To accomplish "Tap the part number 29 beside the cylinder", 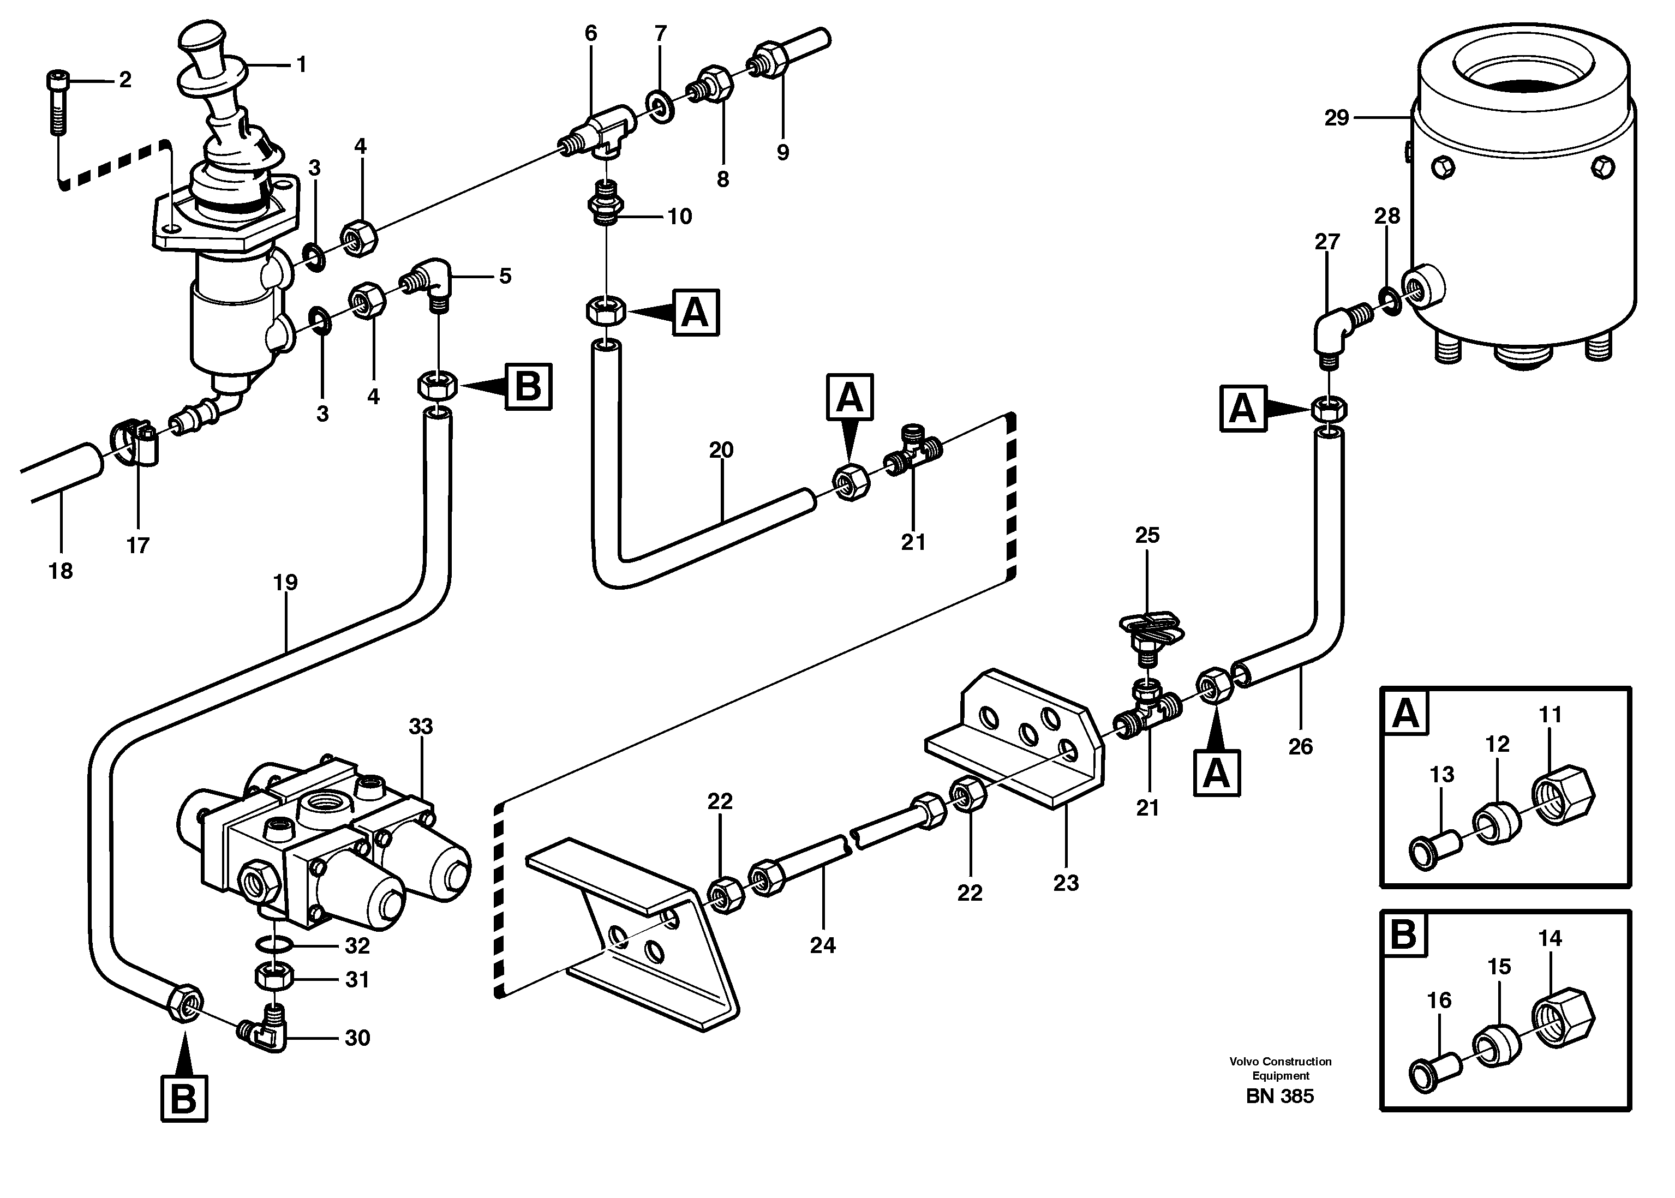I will coord(1336,118).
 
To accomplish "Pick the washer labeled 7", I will coord(660,107).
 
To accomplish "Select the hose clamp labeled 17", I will coord(136,442).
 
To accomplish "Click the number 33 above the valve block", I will coord(421,727).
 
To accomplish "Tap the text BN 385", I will coord(1279,1096).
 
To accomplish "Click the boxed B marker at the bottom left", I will coord(183,1098).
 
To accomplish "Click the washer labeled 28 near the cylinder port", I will coord(1389,299).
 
